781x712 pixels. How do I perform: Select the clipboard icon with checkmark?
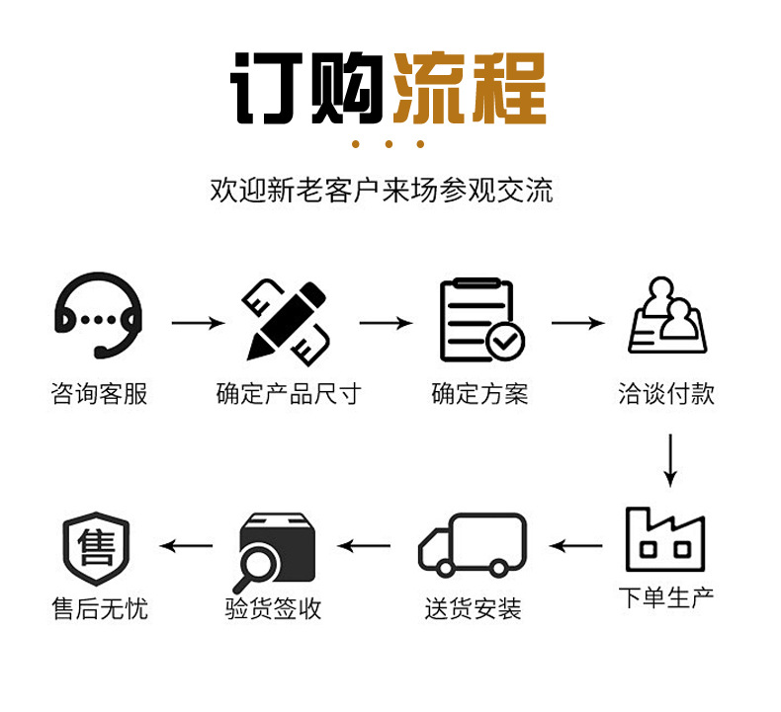point(480,320)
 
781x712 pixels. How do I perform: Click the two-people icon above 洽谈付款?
point(668,316)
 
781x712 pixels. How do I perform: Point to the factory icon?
point(665,539)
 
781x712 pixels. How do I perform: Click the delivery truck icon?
point(473,545)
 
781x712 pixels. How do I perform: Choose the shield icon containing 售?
point(96,548)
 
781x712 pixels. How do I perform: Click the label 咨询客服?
point(99,394)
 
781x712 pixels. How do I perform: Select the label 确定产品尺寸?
point(288,394)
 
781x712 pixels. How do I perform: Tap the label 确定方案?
point(479,394)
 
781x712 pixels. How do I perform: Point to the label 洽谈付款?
point(666,394)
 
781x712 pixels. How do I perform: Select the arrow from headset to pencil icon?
point(198,323)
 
